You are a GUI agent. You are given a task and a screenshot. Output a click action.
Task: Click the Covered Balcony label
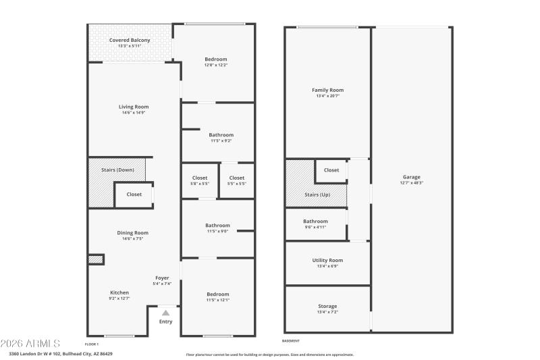(130, 41)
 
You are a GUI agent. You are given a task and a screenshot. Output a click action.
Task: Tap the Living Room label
(134, 107)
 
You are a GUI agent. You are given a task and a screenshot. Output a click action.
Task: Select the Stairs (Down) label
(118, 170)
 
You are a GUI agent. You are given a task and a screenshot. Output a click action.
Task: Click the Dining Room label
(132, 232)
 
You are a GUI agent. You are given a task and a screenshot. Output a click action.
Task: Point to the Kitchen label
(119, 292)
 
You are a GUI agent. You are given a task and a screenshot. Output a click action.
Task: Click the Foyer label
(162, 278)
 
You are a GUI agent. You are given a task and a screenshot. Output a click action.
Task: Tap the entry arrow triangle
(165, 313)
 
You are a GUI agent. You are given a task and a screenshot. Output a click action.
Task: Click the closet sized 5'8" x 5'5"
(199, 178)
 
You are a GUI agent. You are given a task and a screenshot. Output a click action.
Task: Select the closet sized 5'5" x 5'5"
(237, 178)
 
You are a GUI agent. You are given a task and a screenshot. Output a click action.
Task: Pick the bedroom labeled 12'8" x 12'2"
(216, 59)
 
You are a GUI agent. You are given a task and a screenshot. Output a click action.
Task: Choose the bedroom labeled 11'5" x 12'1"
(217, 294)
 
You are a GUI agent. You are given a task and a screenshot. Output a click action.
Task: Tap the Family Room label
(327, 90)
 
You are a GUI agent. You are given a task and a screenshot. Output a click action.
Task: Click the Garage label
(411, 177)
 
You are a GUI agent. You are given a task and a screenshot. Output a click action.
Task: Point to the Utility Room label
(327, 260)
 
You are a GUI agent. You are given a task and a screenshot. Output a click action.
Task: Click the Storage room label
(327, 307)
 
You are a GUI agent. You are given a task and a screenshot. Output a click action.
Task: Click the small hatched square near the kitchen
(96, 259)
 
